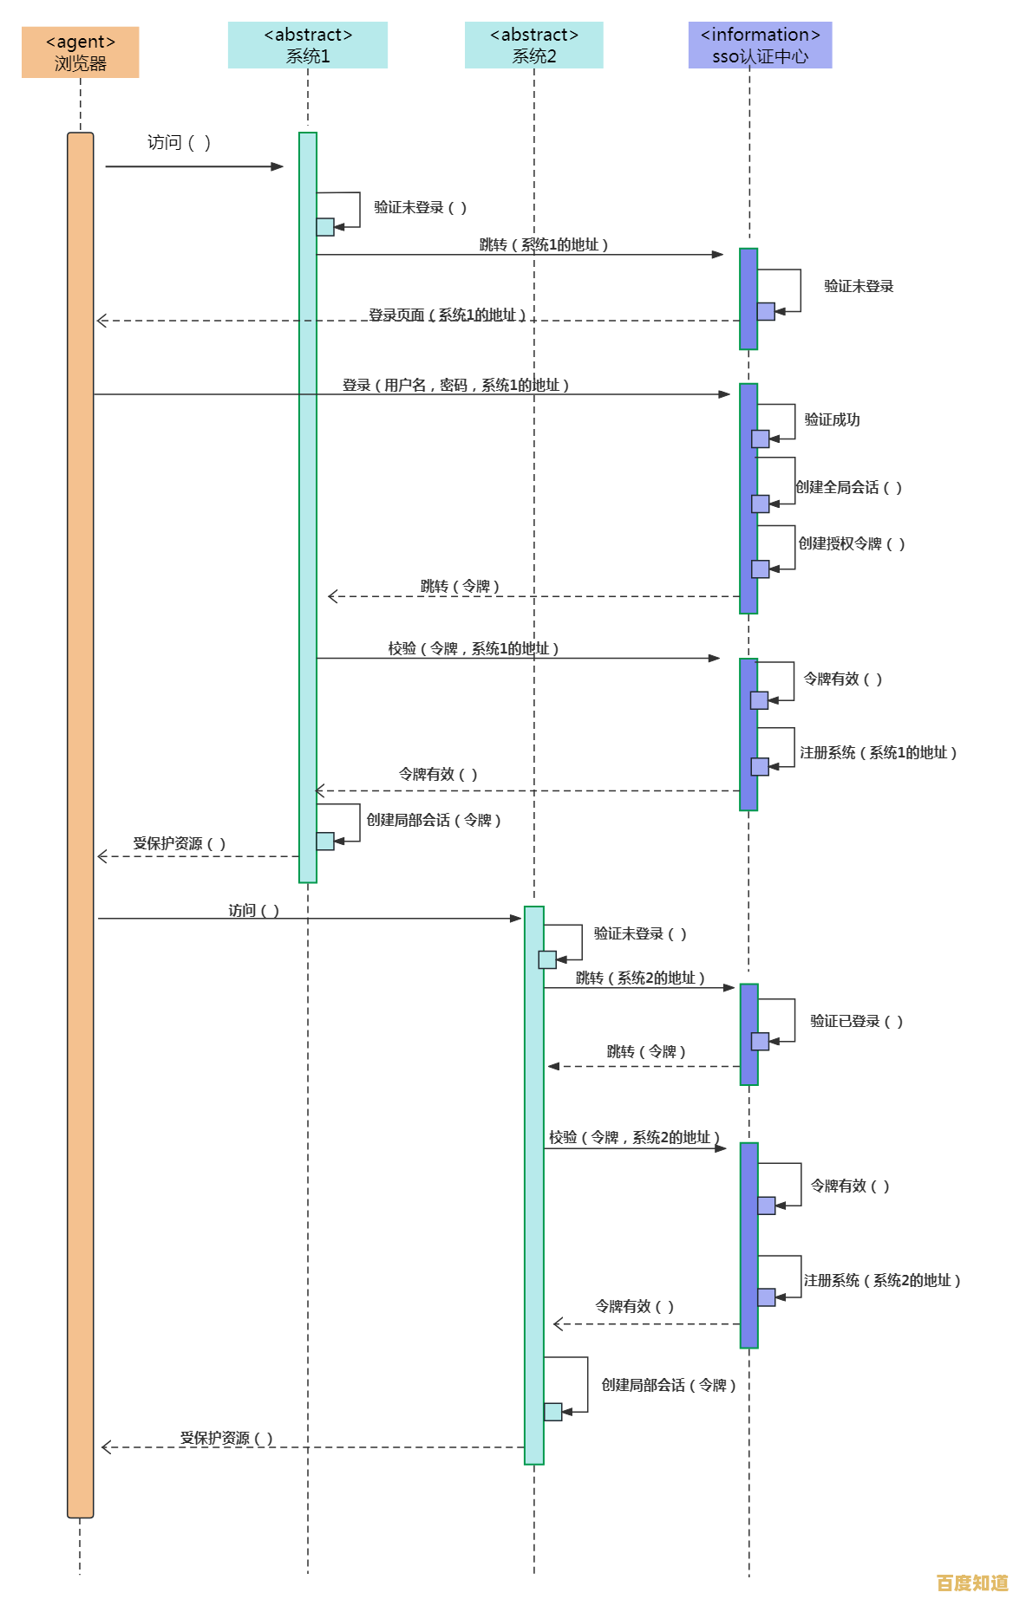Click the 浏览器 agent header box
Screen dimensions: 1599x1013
[x=81, y=52]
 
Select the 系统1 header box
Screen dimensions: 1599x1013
[x=308, y=45]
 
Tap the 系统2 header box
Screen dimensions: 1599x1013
[x=534, y=45]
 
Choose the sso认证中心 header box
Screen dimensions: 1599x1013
[x=760, y=45]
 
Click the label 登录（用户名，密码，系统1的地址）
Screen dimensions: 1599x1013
[x=455, y=385]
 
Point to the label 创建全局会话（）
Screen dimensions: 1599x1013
[x=849, y=487]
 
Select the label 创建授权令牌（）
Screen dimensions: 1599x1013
[x=851, y=543]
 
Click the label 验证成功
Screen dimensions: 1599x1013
[x=832, y=419]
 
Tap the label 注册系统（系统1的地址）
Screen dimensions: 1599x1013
[x=878, y=752]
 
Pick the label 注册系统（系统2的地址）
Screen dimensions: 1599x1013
[x=881, y=1280]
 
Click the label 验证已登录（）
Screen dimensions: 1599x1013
[x=856, y=1021]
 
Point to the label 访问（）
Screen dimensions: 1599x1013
[x=253, y=910]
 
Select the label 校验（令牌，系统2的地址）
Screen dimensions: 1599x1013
[x=634, y=1137]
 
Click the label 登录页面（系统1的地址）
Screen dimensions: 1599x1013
[x=448, y=315]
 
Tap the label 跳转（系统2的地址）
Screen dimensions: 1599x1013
[x=640, y=978]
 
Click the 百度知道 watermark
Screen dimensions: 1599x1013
[x=972, y=1582]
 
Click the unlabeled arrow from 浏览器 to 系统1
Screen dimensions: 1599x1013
[x=193, y=166]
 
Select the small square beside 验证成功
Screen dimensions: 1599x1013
[x=761, y=439]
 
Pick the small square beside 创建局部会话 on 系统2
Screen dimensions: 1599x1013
[x=553, y=1412]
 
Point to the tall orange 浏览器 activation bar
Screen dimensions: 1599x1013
[x=81, y=823]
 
